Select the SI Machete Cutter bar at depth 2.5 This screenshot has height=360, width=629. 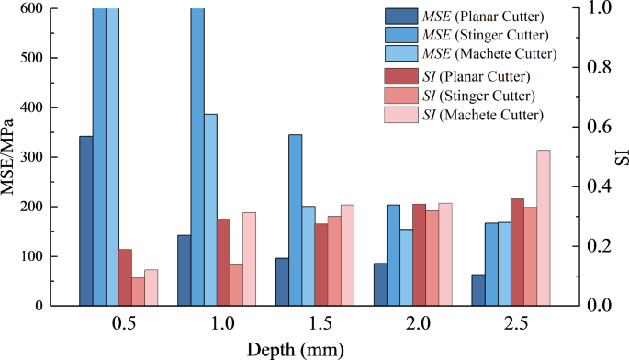click(x=543, y=227)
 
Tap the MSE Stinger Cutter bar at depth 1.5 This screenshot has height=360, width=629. click(x=295, y=219)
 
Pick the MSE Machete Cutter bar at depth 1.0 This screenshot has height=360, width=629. click(x=210, y=209)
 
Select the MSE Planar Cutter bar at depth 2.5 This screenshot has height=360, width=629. click(x=477, y=289)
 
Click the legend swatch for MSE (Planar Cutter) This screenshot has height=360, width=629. click(x=400, y=16)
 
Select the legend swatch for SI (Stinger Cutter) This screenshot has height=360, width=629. click(x=400, y=96)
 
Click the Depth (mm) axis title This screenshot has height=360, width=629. click(x=295, y=348)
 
